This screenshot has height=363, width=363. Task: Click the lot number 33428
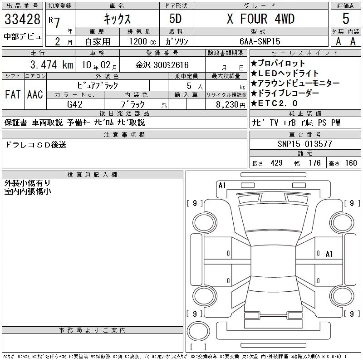pos(22,19)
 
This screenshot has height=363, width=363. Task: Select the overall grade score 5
pos(346,19)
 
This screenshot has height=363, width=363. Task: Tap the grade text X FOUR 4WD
pos(260,19)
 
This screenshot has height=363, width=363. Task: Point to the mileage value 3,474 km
pos(52,64)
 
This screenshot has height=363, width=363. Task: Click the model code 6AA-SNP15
pos(260,41)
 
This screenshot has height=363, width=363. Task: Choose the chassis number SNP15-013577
pos(305,144)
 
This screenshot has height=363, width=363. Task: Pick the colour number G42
pos(75,104)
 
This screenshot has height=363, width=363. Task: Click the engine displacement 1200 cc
pos(142,41)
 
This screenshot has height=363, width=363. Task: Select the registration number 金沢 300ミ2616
pos(162,65)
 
